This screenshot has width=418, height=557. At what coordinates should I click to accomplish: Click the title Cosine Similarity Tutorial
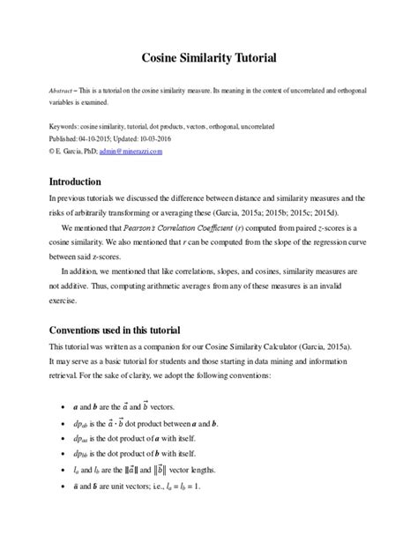[x=209, y=58]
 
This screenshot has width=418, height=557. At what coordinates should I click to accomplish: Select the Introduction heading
[x=86, y=182]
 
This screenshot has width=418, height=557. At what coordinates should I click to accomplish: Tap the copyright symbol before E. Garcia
[x=52, y=152]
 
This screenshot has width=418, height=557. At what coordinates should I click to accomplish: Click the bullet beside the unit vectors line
[x=59, y=486]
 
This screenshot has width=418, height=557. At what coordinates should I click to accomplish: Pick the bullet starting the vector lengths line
[x=59, y=470]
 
